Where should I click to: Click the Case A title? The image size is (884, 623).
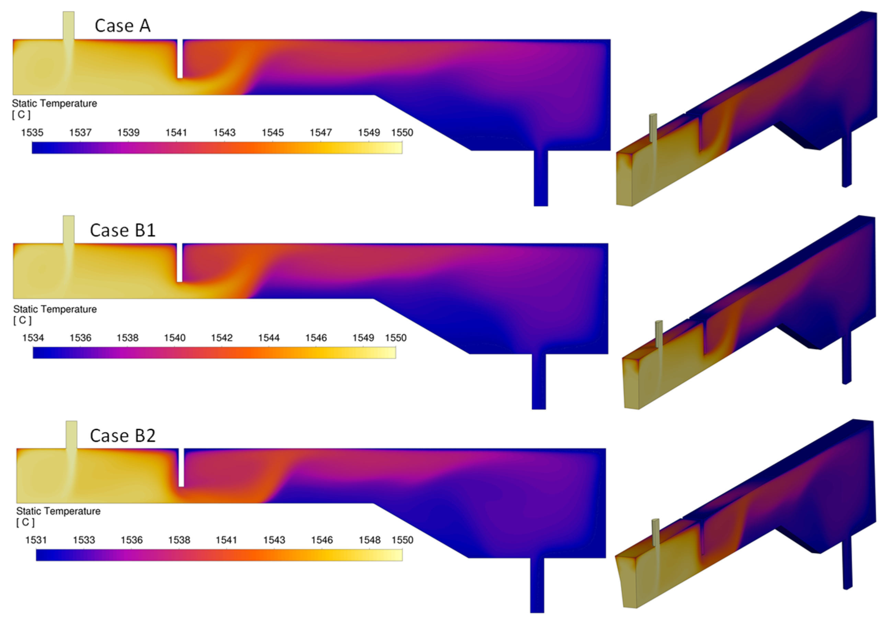123,26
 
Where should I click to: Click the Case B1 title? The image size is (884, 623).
123,230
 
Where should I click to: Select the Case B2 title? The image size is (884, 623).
123,436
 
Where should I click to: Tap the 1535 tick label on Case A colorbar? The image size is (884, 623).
32,133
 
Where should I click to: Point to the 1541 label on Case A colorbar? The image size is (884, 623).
176,133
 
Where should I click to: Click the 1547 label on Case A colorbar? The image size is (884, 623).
321,133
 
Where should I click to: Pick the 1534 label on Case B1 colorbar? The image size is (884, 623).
33,338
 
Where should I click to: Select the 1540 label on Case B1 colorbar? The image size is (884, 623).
175,338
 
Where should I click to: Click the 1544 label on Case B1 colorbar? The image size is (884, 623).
269,338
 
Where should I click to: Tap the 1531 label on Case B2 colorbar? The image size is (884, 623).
36,540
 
